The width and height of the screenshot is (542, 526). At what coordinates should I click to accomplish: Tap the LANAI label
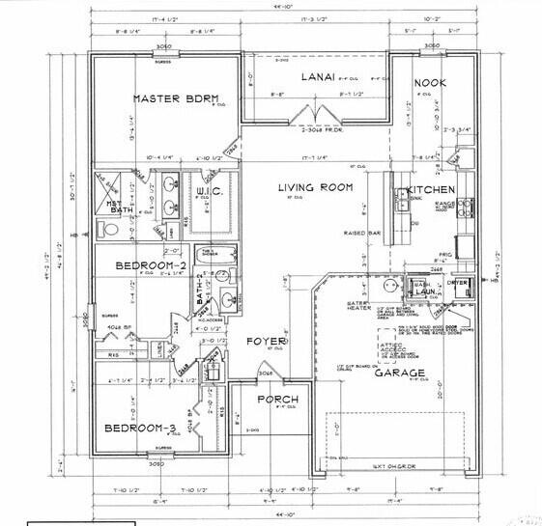[316, 75]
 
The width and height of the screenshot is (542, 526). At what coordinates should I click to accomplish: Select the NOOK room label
[431, 84]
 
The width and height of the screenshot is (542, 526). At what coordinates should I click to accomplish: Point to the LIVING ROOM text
[315, 187]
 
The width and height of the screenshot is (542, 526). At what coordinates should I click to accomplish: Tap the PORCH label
[276, 400]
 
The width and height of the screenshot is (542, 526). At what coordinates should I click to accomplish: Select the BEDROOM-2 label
[150, 265]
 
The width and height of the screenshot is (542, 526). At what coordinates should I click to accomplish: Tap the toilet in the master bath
[105, 231]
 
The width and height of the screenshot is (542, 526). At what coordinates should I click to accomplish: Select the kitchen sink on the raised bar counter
[400, 201]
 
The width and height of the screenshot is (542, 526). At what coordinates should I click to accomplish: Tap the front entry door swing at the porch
[264, 371]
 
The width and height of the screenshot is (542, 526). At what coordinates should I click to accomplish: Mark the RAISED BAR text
[360, 233]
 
